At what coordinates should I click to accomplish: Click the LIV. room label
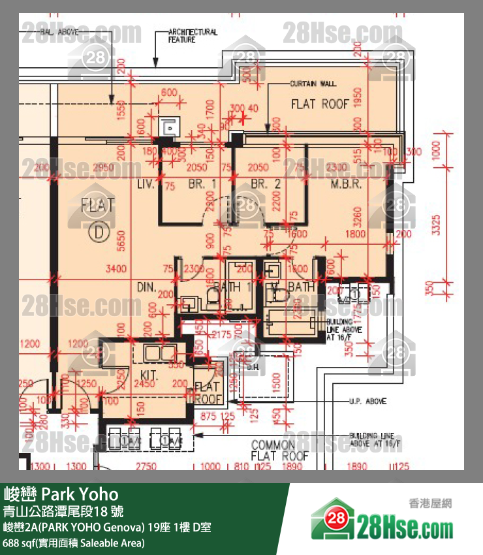[145, 185]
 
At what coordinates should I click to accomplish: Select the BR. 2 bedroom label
[266, 185]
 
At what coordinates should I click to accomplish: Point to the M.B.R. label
[346, 185]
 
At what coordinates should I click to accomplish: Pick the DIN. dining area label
[145, 287]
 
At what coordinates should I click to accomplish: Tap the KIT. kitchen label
[151, 375]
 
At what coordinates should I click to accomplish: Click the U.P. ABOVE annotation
[368, 401]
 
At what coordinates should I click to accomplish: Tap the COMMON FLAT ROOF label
[280, 450]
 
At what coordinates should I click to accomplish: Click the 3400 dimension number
[116, 268]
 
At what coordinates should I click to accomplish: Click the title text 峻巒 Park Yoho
[61, 493]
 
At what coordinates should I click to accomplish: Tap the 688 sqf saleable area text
[74, 543]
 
